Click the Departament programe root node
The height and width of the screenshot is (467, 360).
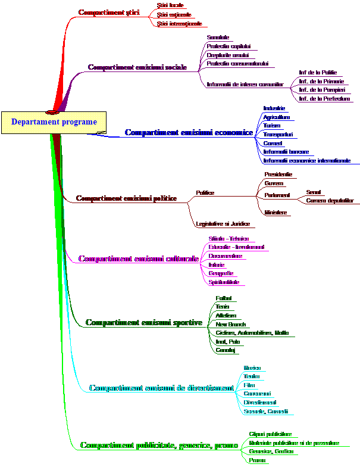click(x=54, y=122)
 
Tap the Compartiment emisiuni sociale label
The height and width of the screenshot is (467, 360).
click(x=137, y=67)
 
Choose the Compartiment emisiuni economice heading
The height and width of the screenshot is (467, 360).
click(x=188, y=133)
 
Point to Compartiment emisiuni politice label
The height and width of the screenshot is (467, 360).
click(x=126, y=198)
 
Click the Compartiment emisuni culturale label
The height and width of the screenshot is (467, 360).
click(x=138, y=259)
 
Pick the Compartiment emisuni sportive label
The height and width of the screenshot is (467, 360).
click(x=144, y=323)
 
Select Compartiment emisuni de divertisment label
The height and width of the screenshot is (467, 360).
click(x=161, y=388)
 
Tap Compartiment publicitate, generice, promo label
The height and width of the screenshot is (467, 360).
click(x=159, y=446)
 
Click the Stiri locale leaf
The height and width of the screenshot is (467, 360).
click(x=170, y=5)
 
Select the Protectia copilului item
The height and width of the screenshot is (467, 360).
click(x=229, y=46)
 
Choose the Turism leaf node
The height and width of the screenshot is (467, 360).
click(x=271, y=126)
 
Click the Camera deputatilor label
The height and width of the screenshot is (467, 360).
click(x=330, y=201)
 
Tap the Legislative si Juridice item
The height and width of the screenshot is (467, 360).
click(x=223, y=224)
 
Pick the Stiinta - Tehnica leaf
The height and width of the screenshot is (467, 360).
click(x=228, y=239)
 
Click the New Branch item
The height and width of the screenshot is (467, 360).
click(x=231, y=325)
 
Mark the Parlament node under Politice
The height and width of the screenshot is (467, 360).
click(x=277, y=195)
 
